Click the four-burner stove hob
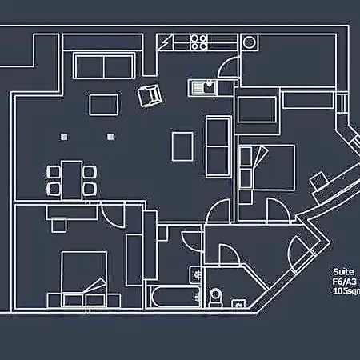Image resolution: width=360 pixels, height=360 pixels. pos(199,42)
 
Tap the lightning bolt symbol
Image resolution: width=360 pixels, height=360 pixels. pos(164,42)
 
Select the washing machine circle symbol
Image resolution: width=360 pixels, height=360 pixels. pos(250,42)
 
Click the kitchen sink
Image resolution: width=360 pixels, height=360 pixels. pos(202,88)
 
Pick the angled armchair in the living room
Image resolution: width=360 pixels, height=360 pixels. pos(150,95)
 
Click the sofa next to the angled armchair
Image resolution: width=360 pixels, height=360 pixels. pos(103,66)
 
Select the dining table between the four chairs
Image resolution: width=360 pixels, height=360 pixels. pos(71,180)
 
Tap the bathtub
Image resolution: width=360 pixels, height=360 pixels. pos(174,298)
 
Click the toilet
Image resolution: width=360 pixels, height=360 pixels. pos(216,298)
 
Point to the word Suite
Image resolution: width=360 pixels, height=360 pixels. pos(343,272)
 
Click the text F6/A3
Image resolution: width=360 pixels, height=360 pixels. pos(344,282)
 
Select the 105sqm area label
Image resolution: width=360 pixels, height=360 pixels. pos(346,291)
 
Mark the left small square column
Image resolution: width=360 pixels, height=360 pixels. pos(64,137)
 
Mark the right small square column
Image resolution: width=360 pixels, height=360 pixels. pos(110,137)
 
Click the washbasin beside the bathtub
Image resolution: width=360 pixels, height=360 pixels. pos(195,274)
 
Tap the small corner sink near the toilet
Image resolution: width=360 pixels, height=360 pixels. pos(238,304)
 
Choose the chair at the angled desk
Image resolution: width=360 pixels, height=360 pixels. pos(318,181)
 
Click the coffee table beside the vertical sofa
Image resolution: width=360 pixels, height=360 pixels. pos(182,146)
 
